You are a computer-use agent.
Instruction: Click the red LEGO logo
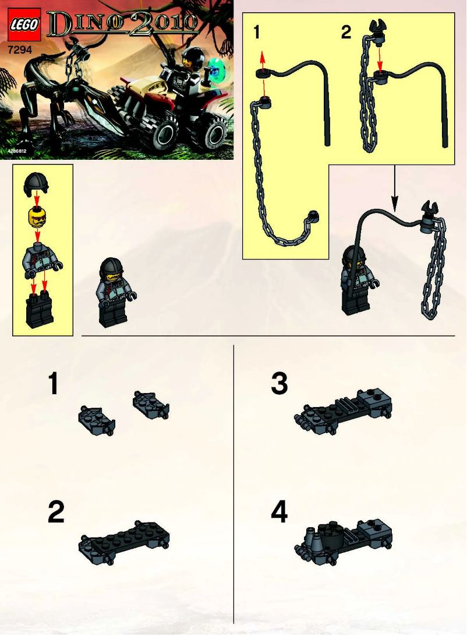(24, 25)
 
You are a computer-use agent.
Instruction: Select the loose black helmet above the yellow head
(36, 186)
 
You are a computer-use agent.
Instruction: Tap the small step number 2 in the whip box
(345, 33)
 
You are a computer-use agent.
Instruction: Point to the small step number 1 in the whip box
(257, 33)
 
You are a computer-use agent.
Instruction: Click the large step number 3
(279, 385)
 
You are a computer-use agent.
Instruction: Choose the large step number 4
(279, 513)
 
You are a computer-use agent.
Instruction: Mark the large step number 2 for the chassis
(56, 513)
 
